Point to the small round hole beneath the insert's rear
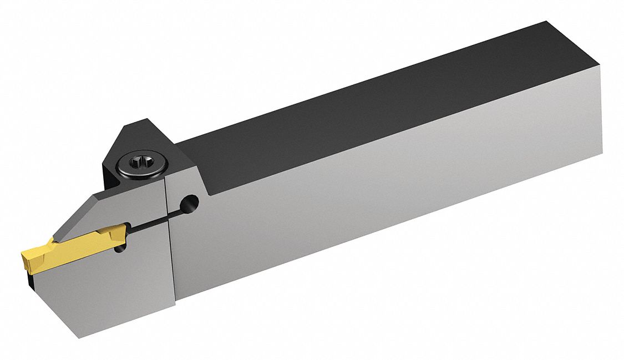pyautogui.click(x=119, y=250)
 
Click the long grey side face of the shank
pyautogui.click(x=388, y=194)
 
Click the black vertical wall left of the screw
pyautogui.click(x=109, y=172)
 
